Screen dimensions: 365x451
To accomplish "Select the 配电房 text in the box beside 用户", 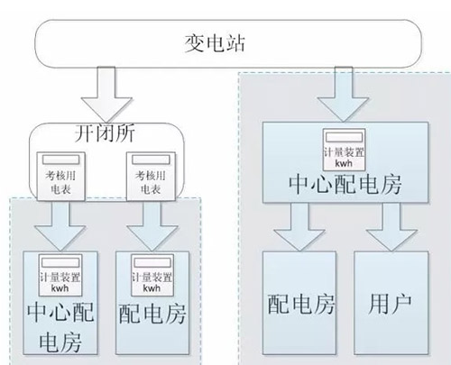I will (298, 303).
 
